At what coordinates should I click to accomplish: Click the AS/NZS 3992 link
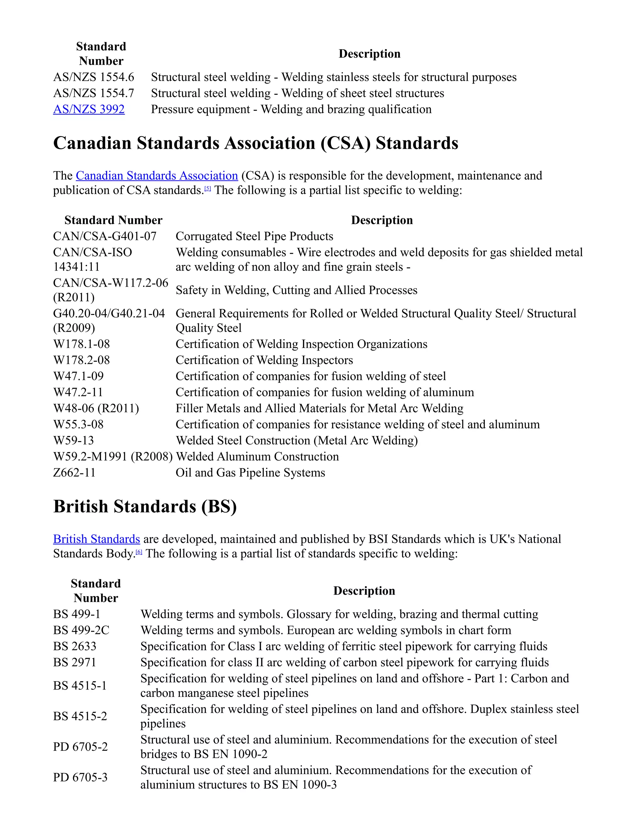pyautogui.click(x=89, y=109)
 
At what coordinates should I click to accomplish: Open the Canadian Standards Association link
pyautogui.click(x=157, y=176)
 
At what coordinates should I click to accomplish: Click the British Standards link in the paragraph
pyautogui.click(x=96, y=539)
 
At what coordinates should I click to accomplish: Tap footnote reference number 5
pyautogui.click(x=208, y=188)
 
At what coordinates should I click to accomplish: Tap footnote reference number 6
pyautogui.click(x=139, y=552)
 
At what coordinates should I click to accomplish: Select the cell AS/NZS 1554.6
pyautogui.click(x=94, y=77)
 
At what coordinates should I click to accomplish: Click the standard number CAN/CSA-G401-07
pyautogui.click(x=105, y=236)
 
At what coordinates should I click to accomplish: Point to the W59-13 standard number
pyautogui.click(x=73, y=440)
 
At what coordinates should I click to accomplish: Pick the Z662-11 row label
pyautogui.click(x=74, y=473)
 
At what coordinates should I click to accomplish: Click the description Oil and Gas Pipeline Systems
pyautogui.click(x=250, y=473)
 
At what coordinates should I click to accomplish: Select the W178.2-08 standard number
pyautogui.click(x=82, y=360)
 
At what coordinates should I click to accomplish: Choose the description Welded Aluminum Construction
pyautogui.click(x=257, y=457)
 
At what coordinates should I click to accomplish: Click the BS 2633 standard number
pyautogui.click(x=75, y=646)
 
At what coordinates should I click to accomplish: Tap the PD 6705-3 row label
pyautogui.click(x=80, y=777)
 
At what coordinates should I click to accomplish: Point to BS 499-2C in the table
pyautogui.click(x=81, y=630)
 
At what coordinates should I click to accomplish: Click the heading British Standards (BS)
pyautogui.click(x=145, y=507)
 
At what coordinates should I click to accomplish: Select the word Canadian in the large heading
pyautogui.click(x=92, y=143)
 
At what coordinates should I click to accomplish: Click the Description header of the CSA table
pyautogui.click(x=382, y=220)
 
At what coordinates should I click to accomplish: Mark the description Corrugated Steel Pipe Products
pyautogui.click(x=254, y=236)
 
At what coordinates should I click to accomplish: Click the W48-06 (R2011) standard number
pyautogui.click(x=96, y=408)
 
